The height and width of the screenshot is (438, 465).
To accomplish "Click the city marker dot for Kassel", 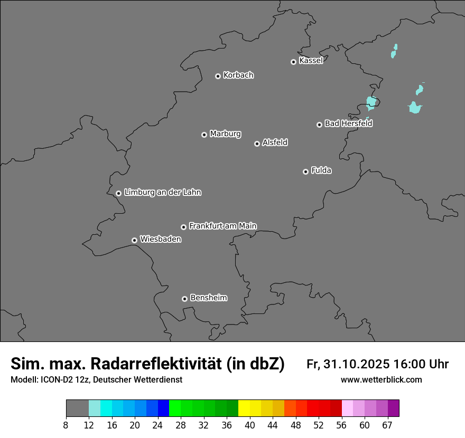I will tap(293, 62).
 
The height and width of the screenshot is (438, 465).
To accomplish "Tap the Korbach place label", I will tap(238, 75).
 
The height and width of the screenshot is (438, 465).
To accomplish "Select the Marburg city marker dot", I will tap(204, 135).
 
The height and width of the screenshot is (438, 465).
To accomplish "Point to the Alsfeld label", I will tap(275, 142).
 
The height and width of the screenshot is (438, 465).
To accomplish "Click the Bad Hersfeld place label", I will tap(348, 123).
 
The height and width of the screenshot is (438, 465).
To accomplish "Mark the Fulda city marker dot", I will tap(305, 172).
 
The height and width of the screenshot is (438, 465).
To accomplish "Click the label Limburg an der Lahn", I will tap(162, 193).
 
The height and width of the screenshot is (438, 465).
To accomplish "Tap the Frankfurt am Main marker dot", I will tap(183, 227).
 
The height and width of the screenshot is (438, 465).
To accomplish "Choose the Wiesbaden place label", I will tap(160, 240).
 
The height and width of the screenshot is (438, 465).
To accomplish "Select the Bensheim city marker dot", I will tap(184, 299).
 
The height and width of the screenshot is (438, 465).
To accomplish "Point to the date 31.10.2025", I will tap(357, 364).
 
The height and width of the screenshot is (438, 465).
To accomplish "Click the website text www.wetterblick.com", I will tap(381, 380).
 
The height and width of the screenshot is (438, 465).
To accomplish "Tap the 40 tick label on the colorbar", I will tap(250, 425).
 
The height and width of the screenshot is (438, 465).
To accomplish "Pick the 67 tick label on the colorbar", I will tap(387, 425).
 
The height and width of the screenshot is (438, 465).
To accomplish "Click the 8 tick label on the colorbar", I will tap(66, 425).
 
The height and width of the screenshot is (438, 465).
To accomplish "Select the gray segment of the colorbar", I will tap(77, 408).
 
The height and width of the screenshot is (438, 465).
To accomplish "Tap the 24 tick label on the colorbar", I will tap(158, 425).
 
